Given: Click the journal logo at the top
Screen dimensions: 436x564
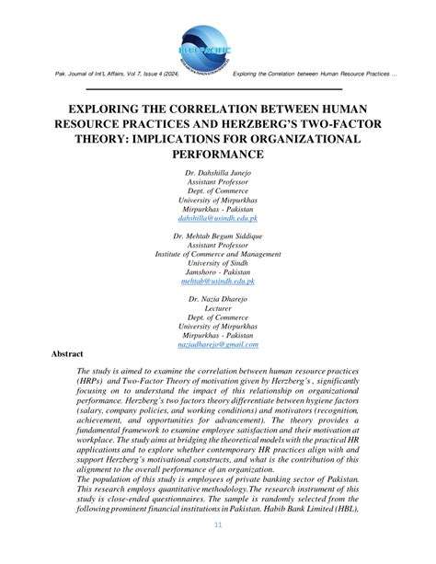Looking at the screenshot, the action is tap(218, 41).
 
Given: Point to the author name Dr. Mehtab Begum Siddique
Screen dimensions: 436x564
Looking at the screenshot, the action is tap(218, 236).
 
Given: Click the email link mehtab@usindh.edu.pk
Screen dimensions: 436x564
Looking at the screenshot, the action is tap(218, 287).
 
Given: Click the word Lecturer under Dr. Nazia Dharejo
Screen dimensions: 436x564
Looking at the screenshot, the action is tap(218, 311).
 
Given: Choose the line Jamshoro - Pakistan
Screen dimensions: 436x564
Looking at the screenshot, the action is tap(218, 277).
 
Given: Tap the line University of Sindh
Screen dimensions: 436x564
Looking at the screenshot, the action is tap(218, 267).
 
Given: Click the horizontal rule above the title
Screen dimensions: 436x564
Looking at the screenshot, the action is tap(218, 89).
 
